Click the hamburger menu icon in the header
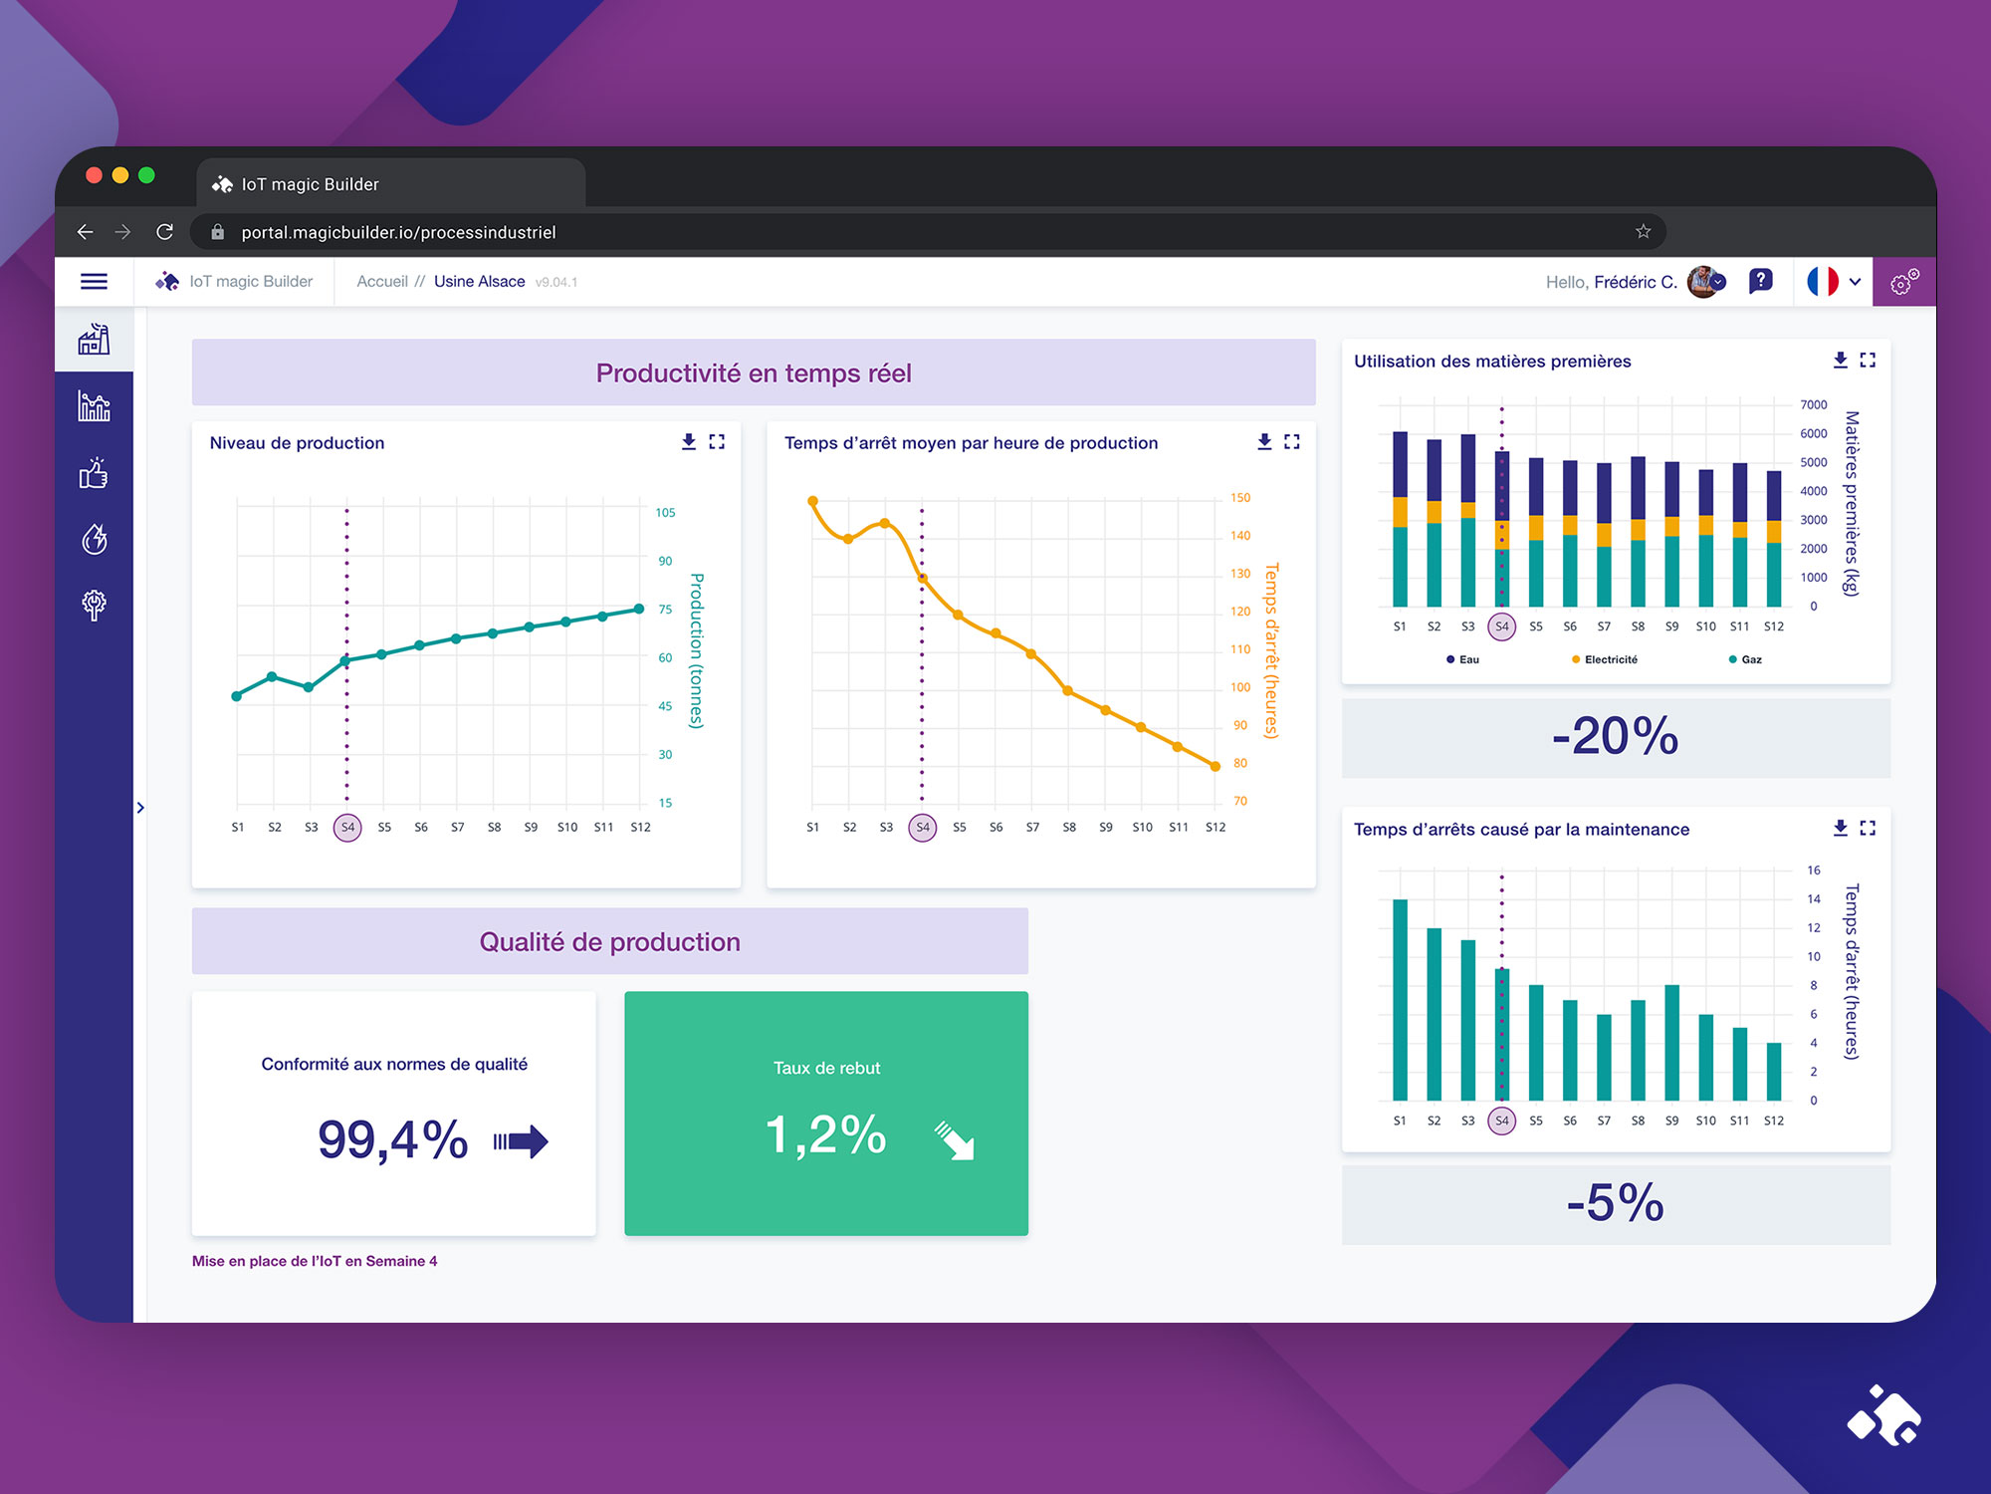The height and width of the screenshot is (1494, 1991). pyautogui.click(x=94, y=282)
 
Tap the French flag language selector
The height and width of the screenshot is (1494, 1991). pyautogui.click(x=1823, y=282)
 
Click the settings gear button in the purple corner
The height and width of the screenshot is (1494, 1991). pyautogui.click(x=1904, y=282)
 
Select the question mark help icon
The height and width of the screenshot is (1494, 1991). pyautogui.click(x=1760, y=281)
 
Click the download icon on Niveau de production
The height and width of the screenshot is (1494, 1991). pyautogui.click(x=688, y=441)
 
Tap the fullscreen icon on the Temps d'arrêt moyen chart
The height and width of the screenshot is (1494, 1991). pyautogui.click(x=1292, y=441)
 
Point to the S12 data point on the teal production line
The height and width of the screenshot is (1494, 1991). pyautogui.click(x=640, y=609)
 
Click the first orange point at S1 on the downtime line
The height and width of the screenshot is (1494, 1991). pyautogui.click(x=812, y=501)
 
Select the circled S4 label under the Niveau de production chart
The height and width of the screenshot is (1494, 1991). pyautogui.click(x=347, y=828)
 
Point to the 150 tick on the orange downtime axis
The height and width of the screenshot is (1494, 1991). pyautogui.click(x=1240, y=498)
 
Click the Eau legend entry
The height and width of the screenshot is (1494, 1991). pyautogui.click(x=1463, y=659)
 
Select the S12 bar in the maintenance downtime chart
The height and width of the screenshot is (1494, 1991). pyautogui.click(x=1774, y=1071)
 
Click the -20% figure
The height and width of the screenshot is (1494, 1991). pyautogui.click(x=1615, y=737)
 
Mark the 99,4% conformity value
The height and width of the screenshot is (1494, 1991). pyautogui.click(x=393, y=1139)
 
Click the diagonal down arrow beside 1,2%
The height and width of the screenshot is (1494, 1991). pyautogui.click(x=955, y=1140)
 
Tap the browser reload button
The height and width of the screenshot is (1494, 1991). pyautogui.click(x=165, y=232)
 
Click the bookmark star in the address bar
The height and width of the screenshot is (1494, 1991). pyautogui.click(x=1643, y=232)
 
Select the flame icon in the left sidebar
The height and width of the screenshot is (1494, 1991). pyautogui.click(x=95, y=539)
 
